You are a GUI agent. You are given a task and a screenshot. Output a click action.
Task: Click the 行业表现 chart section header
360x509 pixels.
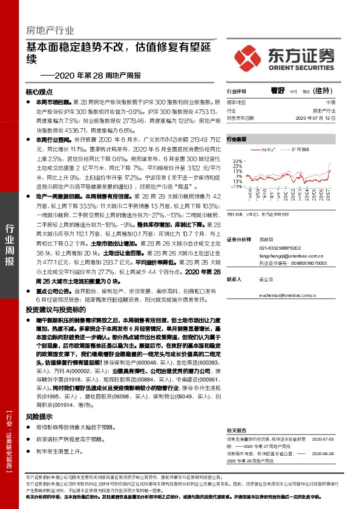coord(237,138)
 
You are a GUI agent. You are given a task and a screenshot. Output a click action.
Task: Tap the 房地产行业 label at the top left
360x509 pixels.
coord(46,30)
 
